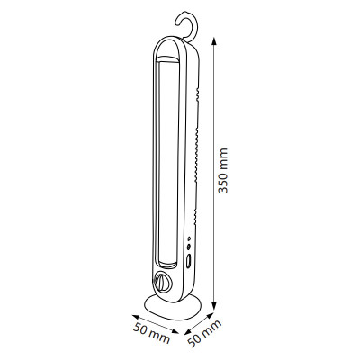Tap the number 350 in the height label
222,182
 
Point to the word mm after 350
222,158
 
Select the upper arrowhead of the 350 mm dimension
213,41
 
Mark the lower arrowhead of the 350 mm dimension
213,305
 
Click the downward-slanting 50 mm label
152,333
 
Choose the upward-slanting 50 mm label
204,333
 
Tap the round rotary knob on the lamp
161,282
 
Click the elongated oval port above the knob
188,262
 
